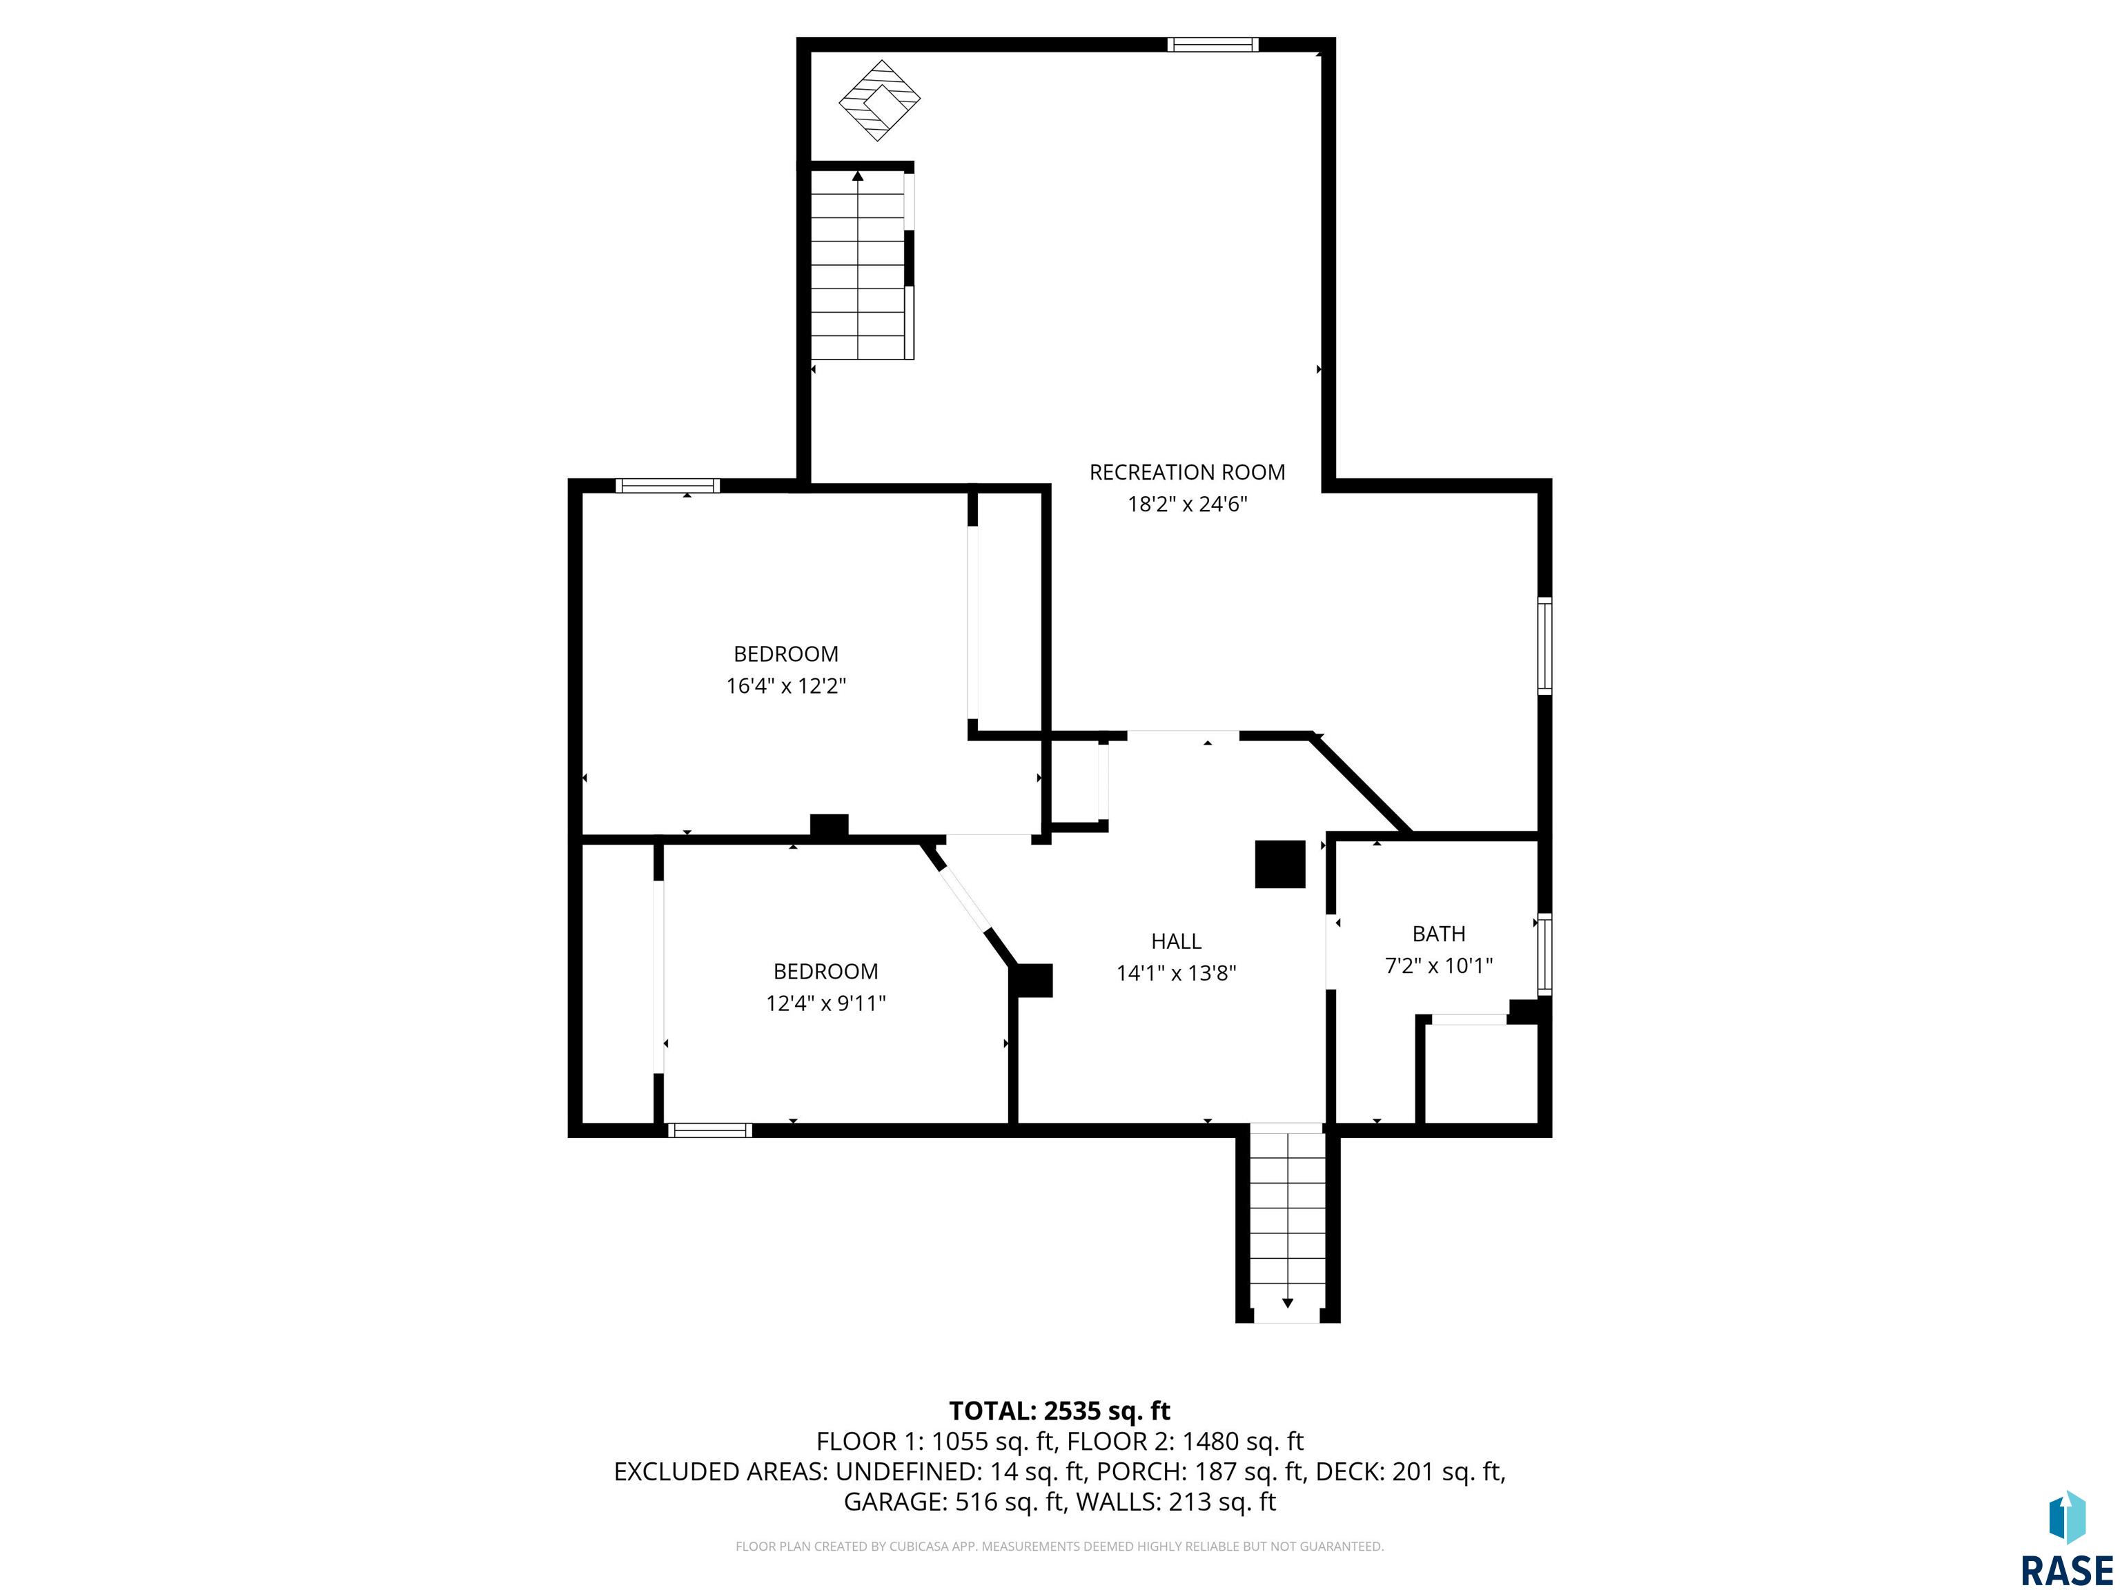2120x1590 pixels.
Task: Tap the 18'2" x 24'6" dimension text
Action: coord(1186,504)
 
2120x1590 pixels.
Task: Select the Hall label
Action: coord(1176,941)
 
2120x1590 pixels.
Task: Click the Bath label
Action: coord(1439,934)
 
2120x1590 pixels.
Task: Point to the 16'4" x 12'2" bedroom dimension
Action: coord(786,686)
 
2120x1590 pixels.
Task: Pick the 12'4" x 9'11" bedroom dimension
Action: coord(825,1003)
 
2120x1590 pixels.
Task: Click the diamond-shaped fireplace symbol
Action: coord(880,101)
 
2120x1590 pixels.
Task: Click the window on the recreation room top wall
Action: coord(1213,44)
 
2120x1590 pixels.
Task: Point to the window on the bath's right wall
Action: coord(1544,954)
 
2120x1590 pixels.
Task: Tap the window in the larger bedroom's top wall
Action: coord(667,486)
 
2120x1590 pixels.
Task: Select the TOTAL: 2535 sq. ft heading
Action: coord(1059,1411)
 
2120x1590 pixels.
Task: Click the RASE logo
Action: coord(2066,1539)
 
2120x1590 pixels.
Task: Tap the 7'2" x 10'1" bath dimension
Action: coord(1439,966)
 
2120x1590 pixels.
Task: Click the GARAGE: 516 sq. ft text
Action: coord(954,1502)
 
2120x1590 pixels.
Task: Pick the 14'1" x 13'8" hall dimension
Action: coord(1176,974)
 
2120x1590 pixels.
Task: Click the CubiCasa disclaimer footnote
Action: coord(1059,1546)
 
